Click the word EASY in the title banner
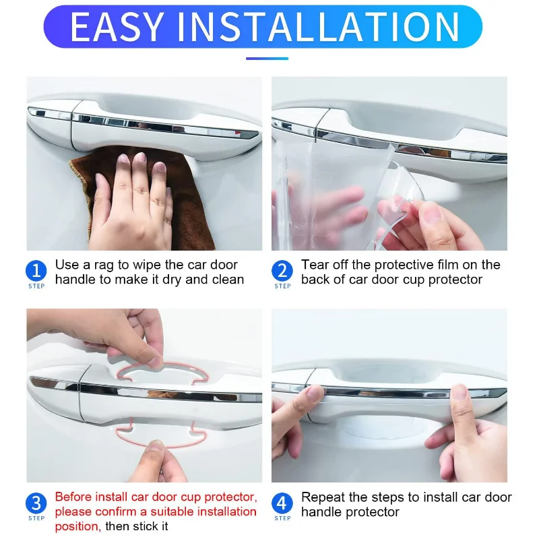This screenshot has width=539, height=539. click(117, 26)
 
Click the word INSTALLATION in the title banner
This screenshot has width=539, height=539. click(318, 26)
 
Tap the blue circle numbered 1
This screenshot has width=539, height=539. click(36, 271)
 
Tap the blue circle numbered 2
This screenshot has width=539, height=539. click(282, 271)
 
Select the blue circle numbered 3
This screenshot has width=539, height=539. click(36, 503)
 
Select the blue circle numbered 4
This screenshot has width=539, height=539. click(282, 503)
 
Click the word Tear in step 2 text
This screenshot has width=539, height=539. click(313, 265)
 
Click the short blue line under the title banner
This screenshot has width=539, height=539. click(267, 59)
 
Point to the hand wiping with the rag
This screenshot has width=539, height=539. click(132, 203)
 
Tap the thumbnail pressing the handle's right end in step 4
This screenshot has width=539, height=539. click(459, 391)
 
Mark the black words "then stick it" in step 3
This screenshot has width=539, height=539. click(137, 526)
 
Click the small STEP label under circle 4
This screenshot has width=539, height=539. click(282, 518)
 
